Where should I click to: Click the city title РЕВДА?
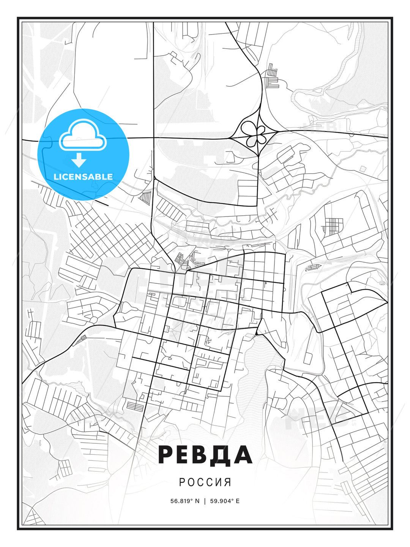tap(205, 455)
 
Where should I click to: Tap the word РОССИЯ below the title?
tap(205, 482)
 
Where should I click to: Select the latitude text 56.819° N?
tap(185, 501)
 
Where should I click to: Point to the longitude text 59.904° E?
tap(224, 501)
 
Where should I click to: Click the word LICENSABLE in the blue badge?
tap(83, 177)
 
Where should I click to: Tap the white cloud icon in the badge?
tap(83, 136)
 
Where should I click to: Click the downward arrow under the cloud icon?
tap(79, 160)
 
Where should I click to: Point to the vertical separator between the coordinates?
tap(205, 501)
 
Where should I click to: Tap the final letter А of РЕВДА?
tap(243, 455)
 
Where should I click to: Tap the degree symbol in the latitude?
tap(192, 499)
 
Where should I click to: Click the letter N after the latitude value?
tap(197, 501)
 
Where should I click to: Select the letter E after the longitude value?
tap(238, 501)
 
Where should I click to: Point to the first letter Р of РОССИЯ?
tap(182, 482)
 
